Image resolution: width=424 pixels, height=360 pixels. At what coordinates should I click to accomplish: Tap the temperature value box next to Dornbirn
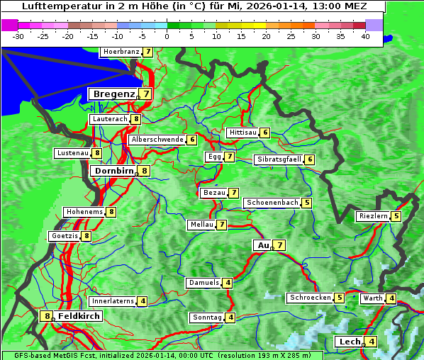tap(145, 171)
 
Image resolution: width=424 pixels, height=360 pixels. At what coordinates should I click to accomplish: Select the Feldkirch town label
tap(79, 316)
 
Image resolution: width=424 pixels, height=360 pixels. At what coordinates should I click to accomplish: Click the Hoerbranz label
tap(120, 52)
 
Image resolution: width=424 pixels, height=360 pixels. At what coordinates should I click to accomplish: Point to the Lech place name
tap(349, 342)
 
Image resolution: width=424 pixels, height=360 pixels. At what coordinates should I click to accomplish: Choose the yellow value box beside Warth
tap(391, 298)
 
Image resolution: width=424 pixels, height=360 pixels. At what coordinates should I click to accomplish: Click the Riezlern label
tap(373, 216)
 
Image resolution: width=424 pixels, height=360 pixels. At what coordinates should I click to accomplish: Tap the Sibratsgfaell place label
tap(279, 159)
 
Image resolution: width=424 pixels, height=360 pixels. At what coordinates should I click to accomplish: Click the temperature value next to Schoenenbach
tap(306, 203)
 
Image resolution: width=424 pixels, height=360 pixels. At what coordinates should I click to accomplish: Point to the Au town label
tap(262, 245)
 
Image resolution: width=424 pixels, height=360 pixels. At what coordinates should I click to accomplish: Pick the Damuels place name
tap(203, 283)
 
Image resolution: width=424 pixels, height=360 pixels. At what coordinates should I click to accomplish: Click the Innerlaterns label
tap(113, 301)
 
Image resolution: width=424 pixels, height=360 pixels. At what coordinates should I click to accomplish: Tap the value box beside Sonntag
tap(230, 317)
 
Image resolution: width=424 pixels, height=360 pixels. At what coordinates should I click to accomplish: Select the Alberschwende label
tap(157, 140)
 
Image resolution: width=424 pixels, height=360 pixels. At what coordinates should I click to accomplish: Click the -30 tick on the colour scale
tap(18, 36)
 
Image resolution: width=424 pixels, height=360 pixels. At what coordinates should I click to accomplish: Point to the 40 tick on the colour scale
tap(365, 36)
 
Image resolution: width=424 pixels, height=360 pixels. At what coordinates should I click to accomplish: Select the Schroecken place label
tap(310, 298)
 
